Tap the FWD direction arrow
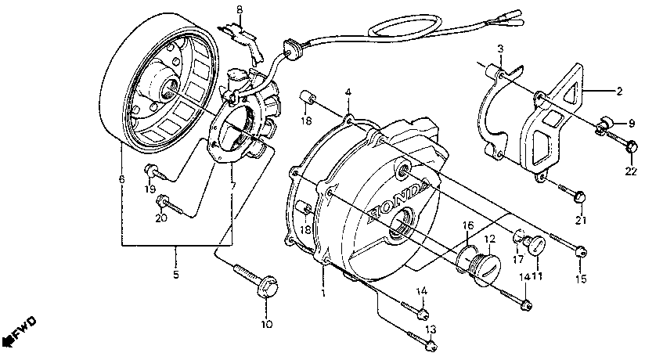coord(17,332)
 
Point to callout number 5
coord(175,274)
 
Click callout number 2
coord(618,92)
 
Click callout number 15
coord(580,277)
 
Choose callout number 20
coord(162,218)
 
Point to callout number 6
coord(121,180)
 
